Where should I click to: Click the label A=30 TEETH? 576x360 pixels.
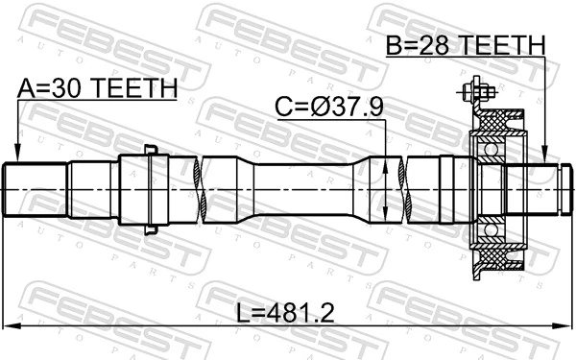tap(98, 87)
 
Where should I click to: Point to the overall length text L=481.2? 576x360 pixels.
tap(285, 313)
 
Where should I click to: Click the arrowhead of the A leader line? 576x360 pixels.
tap(18, 156)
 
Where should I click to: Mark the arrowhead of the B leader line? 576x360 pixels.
tap(544, 157)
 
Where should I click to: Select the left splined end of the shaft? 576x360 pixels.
tap(34, 188)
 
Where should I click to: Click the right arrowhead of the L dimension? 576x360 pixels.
tap(565, 324)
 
